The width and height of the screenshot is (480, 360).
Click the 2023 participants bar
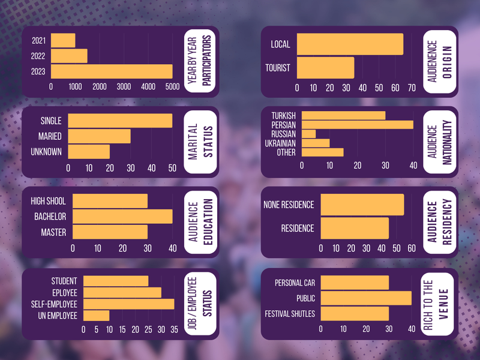click(x=112, y=71)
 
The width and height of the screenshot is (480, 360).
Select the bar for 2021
click(x=63, y=41)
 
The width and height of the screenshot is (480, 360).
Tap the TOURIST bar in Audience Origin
click(x=325, y=68)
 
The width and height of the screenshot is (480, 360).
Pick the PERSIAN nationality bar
click(x=357, y=125)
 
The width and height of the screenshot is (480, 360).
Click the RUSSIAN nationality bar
click(x=308, y=134)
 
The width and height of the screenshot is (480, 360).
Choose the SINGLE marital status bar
click(x=120, y=121)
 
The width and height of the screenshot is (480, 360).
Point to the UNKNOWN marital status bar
click(x=89, y=151)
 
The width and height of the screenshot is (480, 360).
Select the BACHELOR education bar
click(x=122, y=216)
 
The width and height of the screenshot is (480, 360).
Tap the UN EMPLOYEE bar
click(x=96, y=315)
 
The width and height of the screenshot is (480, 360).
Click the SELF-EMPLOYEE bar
click(x=128, y=304)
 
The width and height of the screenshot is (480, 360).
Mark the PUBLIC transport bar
click(x=366, y=298)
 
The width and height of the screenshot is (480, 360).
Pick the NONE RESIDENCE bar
click(x=362, y=205)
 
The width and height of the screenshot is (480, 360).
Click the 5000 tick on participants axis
click(x=172, y=87)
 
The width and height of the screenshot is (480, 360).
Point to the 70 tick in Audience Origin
click(x=411, y=88)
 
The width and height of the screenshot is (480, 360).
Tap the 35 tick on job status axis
click(x=174, y=329)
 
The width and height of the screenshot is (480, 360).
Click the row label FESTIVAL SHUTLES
click(x=290, y=314)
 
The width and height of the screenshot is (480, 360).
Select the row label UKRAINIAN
click(x=279, y=143)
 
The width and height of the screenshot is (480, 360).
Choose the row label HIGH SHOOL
click(x=48, y=201)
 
